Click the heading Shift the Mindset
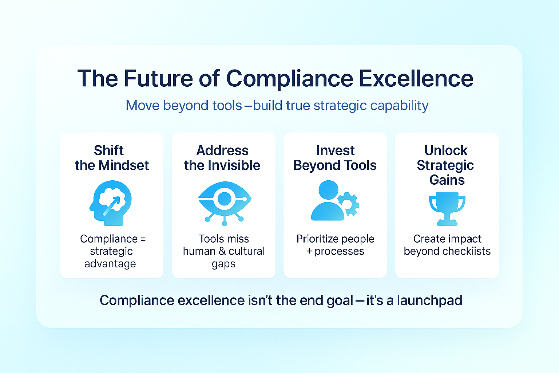[112, 158]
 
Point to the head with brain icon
[111, 203]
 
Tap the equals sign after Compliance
[143, 239]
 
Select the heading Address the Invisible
[222, 158]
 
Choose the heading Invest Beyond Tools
[335, 158]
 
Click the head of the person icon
[328, 190]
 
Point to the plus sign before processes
[309, 251]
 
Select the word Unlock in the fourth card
[446, 151]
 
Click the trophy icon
[447, 209]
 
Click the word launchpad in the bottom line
[430, 301]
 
